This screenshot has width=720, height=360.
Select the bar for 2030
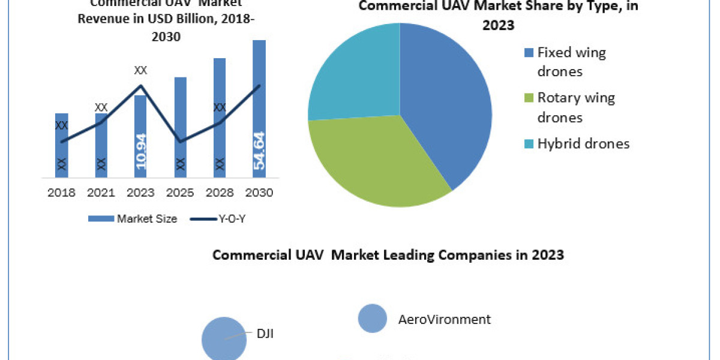pyautogui.click(x=259, y=108)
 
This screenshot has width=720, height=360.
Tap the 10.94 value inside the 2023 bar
pyautogui.click(x=140, y=152)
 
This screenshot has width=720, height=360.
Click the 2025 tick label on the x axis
pyautogui.click(x=180, y=193)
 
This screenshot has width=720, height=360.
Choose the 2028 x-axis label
pyautogui.click(x=220, y=193)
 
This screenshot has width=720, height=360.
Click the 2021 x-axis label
pyautogui.click(x=101, y=193)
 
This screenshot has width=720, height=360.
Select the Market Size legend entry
pyautogui.click(x=133, y=219)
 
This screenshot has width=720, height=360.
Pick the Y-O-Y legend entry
pyautogui.click(x=218, y=219)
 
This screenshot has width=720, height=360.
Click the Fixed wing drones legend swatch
pyautogui.click(x=529, y=53)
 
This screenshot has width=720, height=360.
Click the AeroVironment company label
pyautogui.click(x=445, y=319)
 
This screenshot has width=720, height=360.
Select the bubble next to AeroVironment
pyautogui.click(x=373, y=319)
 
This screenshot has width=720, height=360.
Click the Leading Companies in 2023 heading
pyautogui.click(x=388, y=255)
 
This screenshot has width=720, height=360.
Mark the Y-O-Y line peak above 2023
pyautogui.click(x=140, y=85)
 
